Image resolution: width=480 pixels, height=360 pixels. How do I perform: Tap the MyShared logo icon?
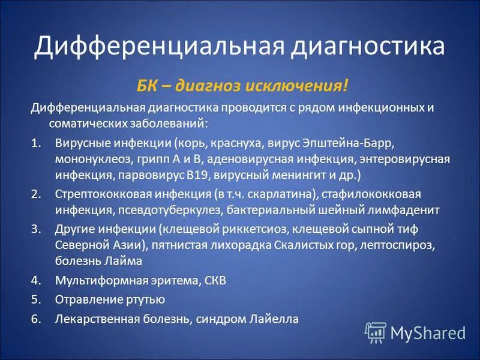(376, 332)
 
